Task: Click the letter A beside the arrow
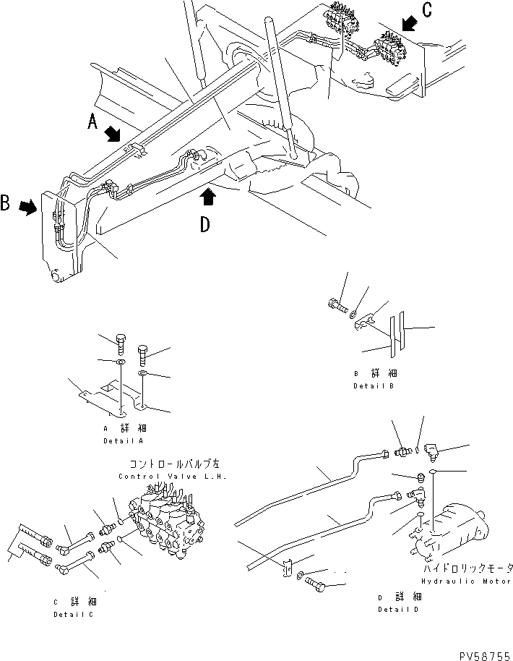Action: coord(92,123)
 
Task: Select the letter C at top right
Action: coord(428,11)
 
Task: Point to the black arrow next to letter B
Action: coord(28,208)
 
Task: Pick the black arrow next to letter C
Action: coord(408,26)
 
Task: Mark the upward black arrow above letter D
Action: coord(208,195)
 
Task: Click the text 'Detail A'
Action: coord(122,440)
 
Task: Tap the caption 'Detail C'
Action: coord(72,614)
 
